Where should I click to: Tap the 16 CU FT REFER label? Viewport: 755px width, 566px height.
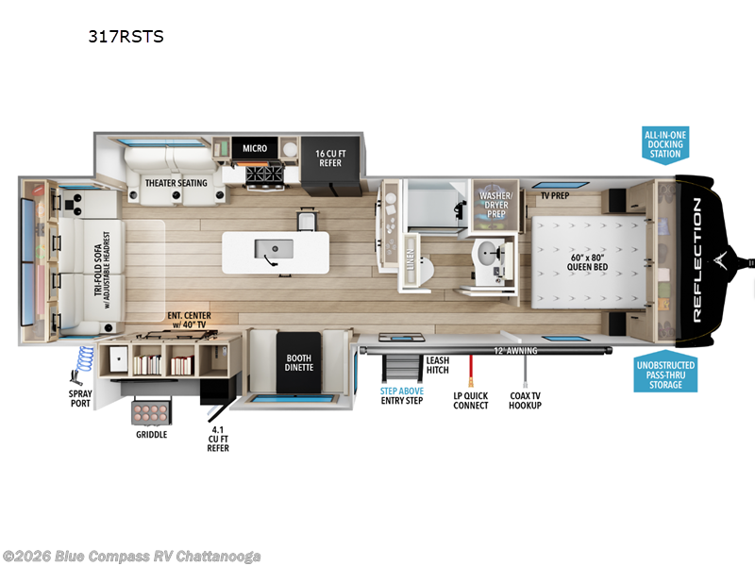tap(328, 158)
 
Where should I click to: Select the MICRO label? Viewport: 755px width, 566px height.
tap(255, 148)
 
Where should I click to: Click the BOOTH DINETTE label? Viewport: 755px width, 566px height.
tap(299, 363)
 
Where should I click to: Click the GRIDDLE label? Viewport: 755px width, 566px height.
tap(151, 435)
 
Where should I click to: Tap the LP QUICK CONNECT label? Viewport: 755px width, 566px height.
tap(471, 399)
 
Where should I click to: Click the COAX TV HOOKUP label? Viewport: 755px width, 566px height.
tap(525, 399)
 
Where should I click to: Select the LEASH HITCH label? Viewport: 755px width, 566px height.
tap(437, 365)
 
